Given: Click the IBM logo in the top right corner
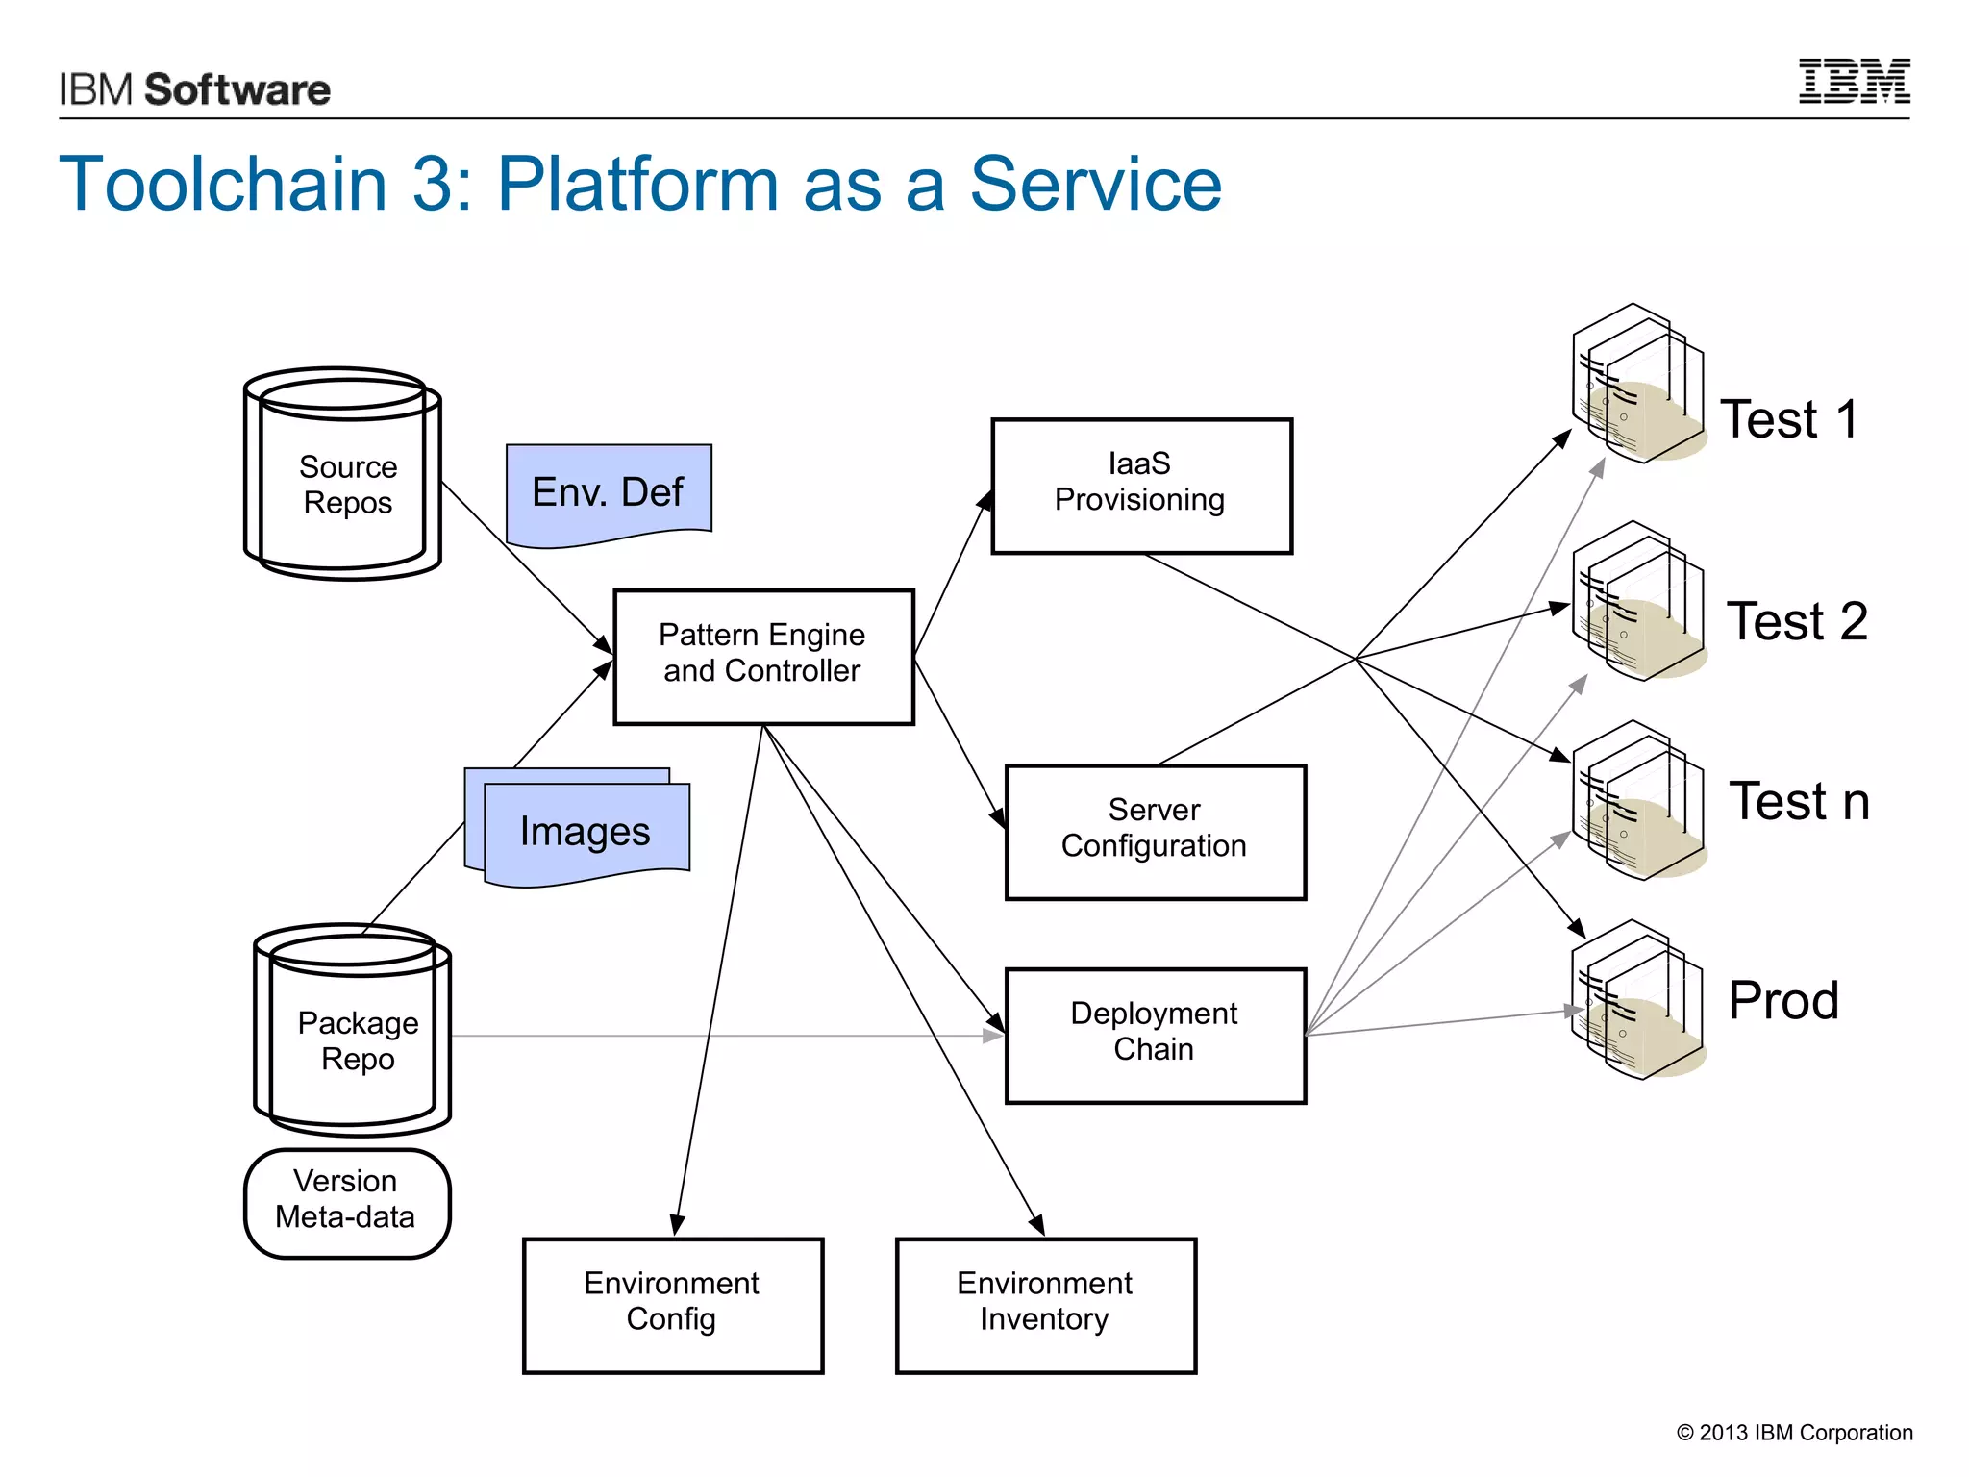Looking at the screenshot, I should point(1854,82).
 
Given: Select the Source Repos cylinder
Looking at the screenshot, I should point(343,476).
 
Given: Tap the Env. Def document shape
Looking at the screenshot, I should point(609,491).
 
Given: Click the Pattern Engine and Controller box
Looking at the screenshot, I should point(763,657).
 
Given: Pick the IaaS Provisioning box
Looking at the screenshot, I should point(1141,486).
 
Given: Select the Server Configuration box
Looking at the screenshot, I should point(1155,832).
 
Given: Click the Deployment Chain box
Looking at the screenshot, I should point(1155,1036).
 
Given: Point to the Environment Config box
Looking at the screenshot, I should point(672,1305).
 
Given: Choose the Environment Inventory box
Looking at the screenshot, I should point(1045,1305).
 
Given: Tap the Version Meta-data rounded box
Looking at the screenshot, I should point(347,1203).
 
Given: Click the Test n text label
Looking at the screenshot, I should point(1799,803).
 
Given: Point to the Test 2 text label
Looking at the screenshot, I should point(1797,622).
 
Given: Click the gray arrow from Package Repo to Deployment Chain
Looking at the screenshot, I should point(721,1036).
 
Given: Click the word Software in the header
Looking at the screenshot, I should point(237,89).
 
